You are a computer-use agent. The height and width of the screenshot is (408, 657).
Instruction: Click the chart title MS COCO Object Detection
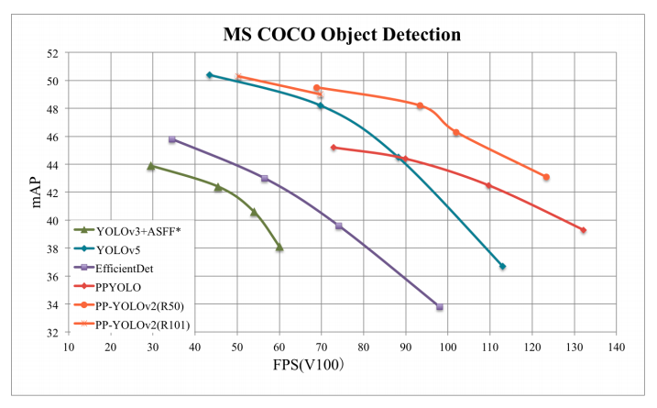[342, 36]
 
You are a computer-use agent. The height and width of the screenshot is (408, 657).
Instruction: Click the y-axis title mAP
[37, 193]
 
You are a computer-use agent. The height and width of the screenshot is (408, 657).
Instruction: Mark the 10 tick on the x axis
[69, 347]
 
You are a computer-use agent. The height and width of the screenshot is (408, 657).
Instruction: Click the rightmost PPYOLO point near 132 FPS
[583, 230]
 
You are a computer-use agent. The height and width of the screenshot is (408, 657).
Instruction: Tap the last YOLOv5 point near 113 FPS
[502, 266]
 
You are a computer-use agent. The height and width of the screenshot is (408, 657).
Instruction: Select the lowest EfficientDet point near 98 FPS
[440, 307]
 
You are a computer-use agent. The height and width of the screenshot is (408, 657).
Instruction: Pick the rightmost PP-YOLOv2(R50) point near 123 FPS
[546, 177]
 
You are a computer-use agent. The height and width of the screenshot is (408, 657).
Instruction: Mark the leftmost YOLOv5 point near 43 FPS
[210, 75]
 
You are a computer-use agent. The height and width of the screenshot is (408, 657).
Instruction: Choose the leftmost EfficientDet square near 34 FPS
[171, 139]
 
